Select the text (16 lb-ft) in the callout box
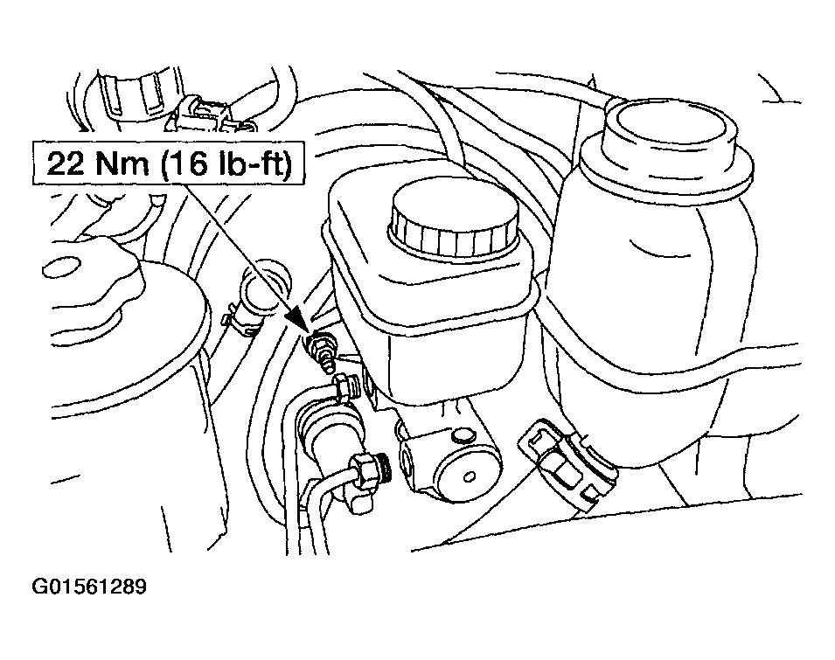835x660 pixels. click(x=226, y=163)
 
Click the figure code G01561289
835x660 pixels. click(x=89, y=587)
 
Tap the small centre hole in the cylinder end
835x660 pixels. click(x=470, y=477)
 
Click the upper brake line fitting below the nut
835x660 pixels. click(x=345, y=388)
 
